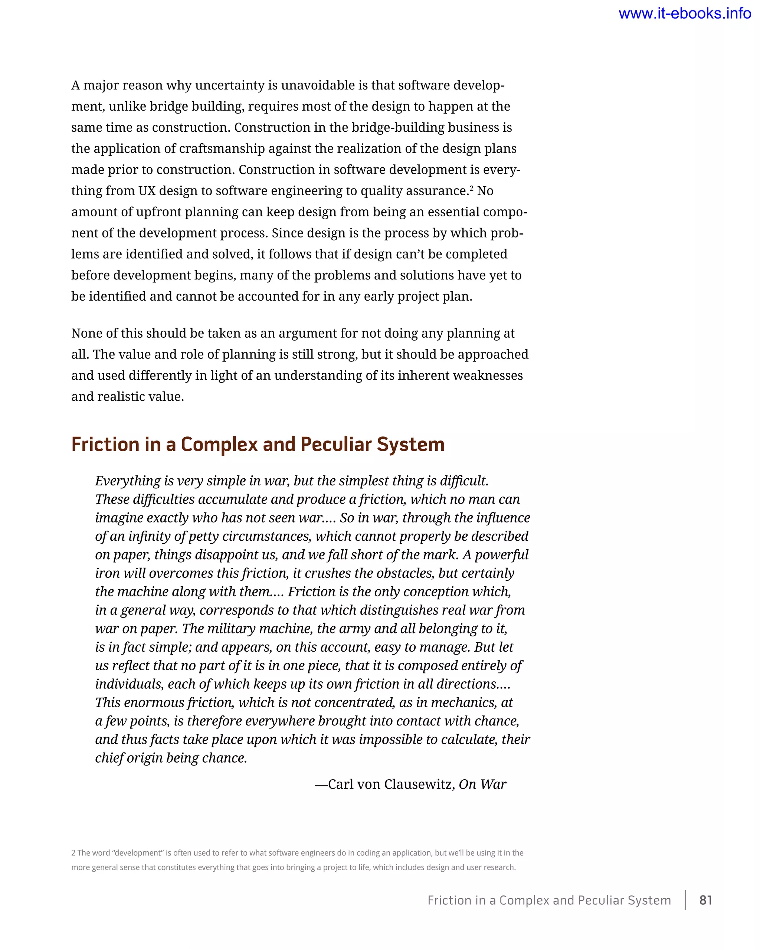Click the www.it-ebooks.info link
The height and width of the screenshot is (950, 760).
point(685,14)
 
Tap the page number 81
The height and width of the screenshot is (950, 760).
point(706,900)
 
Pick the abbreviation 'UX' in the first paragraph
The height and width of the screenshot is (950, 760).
point(147,191)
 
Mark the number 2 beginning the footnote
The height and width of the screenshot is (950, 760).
point(73,853)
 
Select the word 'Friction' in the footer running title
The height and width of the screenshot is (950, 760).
point(449,900)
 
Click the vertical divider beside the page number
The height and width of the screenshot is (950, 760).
point(685,900)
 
